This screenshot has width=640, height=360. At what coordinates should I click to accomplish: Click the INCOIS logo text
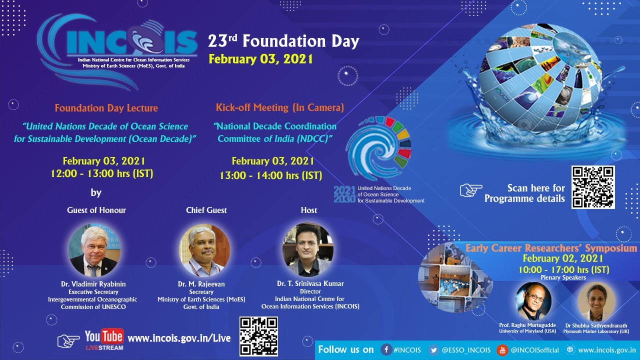pyautogui.click(x=131, y=41)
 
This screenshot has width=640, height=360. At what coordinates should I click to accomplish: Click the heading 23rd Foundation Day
pyautogui.click(x=283, y=41)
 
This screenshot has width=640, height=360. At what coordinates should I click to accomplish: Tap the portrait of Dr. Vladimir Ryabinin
pyautogui.click(x=94, y=250)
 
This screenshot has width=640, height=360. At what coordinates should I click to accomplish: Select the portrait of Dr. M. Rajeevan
pyautogui.click(x=205, y=250)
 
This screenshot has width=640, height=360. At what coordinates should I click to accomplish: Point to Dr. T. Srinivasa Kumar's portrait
pyautogui.click(x=308, y=250)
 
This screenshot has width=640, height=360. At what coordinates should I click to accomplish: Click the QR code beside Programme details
pyautogui.click(x=593, y=187)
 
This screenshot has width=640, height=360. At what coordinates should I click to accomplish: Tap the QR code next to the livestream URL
pyautogui.click(x=258, y=336)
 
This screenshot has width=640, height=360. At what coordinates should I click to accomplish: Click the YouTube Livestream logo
pyautogui.click(x=103, y=339)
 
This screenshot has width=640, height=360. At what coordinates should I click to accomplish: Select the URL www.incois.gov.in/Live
pyautogui.click(x=179, y=338)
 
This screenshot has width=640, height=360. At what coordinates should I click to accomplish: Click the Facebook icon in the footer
pyautogui.click(x=386, y=349)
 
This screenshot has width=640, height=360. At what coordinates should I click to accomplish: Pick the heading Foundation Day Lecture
pyautogui.click(x=106, y=108)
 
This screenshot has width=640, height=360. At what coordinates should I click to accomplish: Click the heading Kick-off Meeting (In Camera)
pyautogui.click(x=279, y=107)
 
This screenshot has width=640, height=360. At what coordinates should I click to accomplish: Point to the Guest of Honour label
pyautogui.click(x=96, y=210)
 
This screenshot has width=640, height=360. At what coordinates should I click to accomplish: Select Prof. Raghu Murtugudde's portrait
pyautogui.click(x=533, y=300)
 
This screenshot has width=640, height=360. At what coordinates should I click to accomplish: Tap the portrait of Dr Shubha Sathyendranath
pyautogui.click(x=596, y=300)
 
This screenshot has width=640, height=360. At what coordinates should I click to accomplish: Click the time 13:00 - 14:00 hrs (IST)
pyautogui.click(x=270, y=175)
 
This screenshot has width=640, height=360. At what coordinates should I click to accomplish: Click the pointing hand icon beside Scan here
pyautogui.click(x=470, y=190)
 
